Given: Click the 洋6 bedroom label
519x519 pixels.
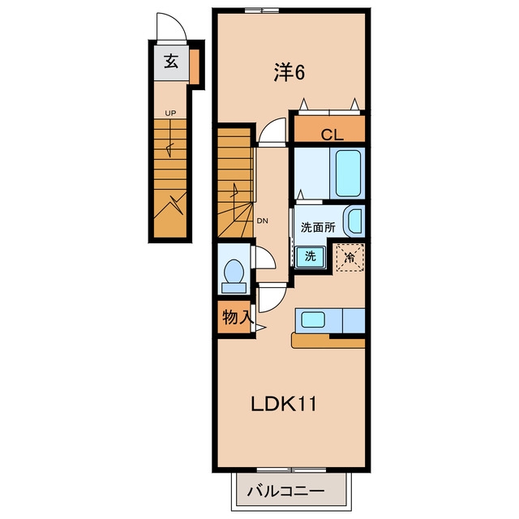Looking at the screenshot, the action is click(289, 72).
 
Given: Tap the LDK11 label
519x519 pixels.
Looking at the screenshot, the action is click(284, 404).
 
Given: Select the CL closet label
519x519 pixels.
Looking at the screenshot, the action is click(332, 135).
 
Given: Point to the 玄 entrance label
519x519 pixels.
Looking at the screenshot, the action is click(171, 62).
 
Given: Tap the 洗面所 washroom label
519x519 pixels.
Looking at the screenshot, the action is click(318, 227).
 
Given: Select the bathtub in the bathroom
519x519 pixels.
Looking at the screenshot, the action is click(348, 173).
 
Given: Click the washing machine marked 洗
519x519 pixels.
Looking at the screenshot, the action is click(311, 256).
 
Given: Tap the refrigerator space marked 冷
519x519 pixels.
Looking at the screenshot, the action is click(350, 258).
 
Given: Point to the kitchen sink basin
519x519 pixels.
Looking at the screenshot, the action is click(312, 320).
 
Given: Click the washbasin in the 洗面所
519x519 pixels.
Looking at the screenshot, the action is click(354, 221).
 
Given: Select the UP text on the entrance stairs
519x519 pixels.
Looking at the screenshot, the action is click(170, 114).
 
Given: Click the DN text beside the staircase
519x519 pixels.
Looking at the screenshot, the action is click(263, 221).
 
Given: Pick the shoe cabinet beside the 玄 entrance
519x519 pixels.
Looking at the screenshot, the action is click(195, 66).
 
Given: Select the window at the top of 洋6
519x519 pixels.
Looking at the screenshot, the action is click(262, 10).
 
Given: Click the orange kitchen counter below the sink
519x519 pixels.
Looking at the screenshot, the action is click(328, 341).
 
